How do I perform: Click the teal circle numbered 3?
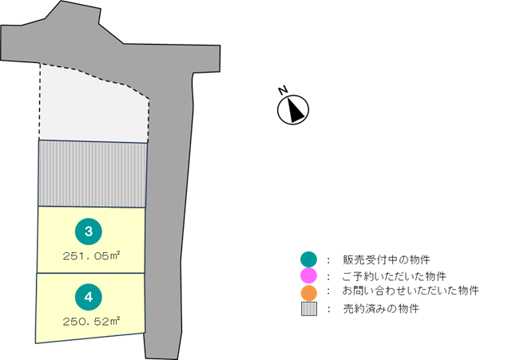tap(89, 231)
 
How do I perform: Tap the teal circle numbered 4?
tap(89, 298)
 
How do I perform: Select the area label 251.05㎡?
tap(91, 256)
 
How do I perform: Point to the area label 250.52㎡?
tap(91, 322)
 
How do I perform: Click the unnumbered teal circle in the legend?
tap(308, 259)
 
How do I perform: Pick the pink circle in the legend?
tap(308, 275)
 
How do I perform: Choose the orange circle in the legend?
tap(308, 293)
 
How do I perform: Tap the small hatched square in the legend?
tap(308, 309)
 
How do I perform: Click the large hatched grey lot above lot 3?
tap(93, 173)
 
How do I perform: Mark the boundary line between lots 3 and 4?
tap(91, 273)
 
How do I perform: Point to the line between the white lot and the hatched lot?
tap(93, 142)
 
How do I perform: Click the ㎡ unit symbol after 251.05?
tap(116, 255)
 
